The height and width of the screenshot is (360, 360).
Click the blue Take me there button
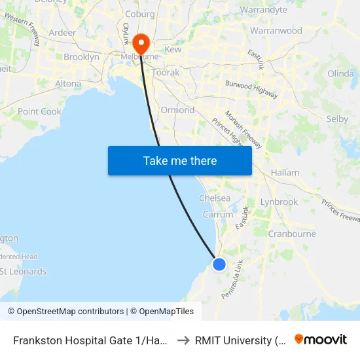(180, 160)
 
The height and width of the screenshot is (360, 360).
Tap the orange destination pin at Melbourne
(141, 44)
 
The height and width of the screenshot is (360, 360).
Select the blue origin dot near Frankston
(219, 264)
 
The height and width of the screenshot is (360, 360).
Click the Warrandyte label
(264, 10)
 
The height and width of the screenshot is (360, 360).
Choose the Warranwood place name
(276, 31)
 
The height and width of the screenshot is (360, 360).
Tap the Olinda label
(340, 73)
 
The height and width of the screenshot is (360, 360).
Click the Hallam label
(285, 173)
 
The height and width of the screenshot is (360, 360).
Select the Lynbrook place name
(279, 202)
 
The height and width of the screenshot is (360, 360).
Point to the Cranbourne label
(293, 234)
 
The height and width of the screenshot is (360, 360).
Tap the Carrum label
(218, 214)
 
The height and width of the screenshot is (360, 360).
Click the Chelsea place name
(215, 198)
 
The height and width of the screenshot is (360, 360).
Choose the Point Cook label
(39, 112)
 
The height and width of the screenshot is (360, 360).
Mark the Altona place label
(68, 84)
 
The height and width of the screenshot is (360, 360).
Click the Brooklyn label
(81, 58)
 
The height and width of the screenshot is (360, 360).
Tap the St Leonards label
(24, 272)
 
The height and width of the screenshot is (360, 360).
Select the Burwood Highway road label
(251, 90)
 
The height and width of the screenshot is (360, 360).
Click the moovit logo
(321, 340)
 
